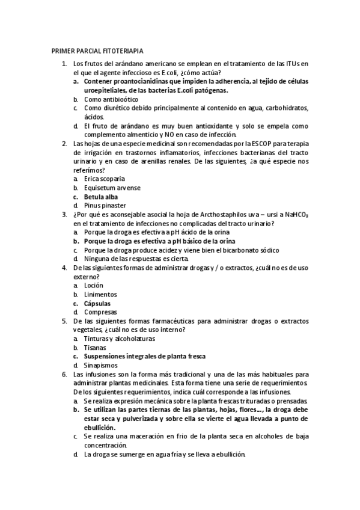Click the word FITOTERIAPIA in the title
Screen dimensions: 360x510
click(124, 52)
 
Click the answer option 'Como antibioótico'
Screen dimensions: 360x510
click(111, 99)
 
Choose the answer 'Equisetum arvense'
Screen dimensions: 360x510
click(112, 188)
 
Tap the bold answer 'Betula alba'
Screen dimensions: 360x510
click(101, 197)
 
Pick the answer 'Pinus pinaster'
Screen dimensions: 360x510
click(105, 206)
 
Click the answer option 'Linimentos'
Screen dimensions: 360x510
click(100, 295)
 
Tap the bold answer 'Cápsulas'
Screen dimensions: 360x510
click(97, 304)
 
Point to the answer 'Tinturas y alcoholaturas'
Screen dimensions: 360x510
click(119, 339)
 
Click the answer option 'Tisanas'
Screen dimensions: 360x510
click(95, 348)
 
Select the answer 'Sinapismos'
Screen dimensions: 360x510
click(101, 365)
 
